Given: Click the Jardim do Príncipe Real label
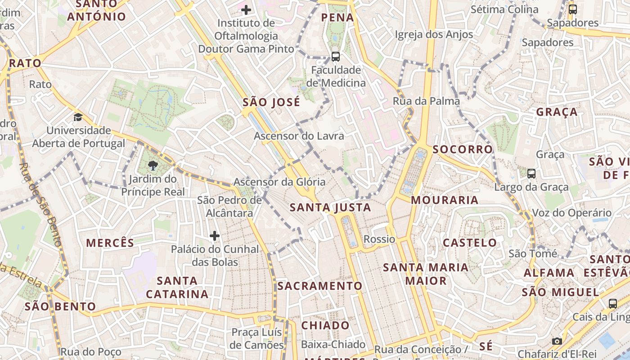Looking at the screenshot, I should [x=153, y=185].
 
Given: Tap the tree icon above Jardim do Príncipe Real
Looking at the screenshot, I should [x=153, y=165].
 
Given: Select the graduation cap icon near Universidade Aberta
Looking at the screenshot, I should [x=78, y=117].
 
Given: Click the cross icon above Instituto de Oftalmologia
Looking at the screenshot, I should [x=246, y=9].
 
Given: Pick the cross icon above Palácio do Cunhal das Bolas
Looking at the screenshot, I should [x=215, y=235].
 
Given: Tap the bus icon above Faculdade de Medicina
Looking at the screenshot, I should [x=336, y=57].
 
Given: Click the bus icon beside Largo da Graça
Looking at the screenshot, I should [x=531, y=173].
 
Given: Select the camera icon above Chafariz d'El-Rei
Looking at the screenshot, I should [x=557, y=341].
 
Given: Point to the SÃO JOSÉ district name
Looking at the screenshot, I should [x=271, y=102].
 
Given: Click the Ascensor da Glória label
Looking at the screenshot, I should [x=279, y=182].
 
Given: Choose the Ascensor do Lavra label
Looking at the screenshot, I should [x=299, y=136].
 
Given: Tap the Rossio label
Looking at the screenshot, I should [x=379, y=239].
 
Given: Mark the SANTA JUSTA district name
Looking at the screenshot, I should [x=330, y=207].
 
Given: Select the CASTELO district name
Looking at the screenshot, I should [x=470, y=243].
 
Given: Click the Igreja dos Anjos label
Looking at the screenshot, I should [x=434, y=34].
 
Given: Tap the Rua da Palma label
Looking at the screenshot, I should [x=426, y=101].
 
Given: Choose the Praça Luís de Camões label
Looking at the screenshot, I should [x=256, y=339].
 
